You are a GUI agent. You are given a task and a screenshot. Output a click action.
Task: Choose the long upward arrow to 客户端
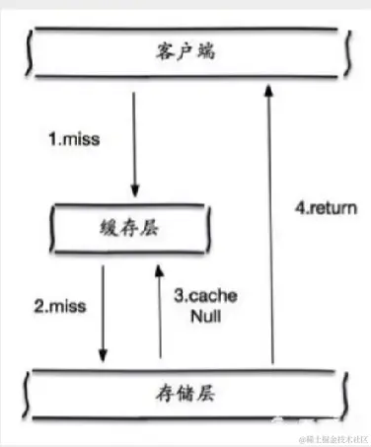268,227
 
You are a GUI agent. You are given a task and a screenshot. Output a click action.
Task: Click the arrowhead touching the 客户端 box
268,91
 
